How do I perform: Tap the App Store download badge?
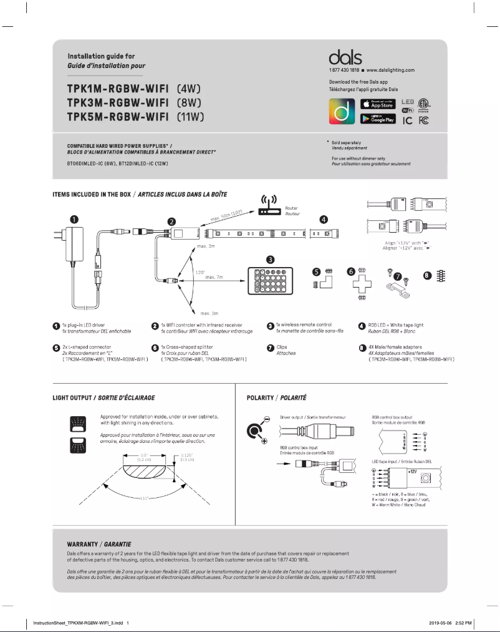pyautogui.click(x=378, y=104)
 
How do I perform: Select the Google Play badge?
pyautogui.click(x=378, y=118)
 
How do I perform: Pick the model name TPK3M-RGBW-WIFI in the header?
pyautogui.click(x=117, y=102)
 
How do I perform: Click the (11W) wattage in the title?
pyautogui.click(x=191, y=117)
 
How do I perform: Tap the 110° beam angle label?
pyautogui.click(x=147, y=498)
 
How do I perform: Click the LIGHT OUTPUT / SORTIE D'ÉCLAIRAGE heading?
pyautogui.click(x=103, y=397)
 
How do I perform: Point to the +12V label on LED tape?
pyautogui.click(x=412, y=472)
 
